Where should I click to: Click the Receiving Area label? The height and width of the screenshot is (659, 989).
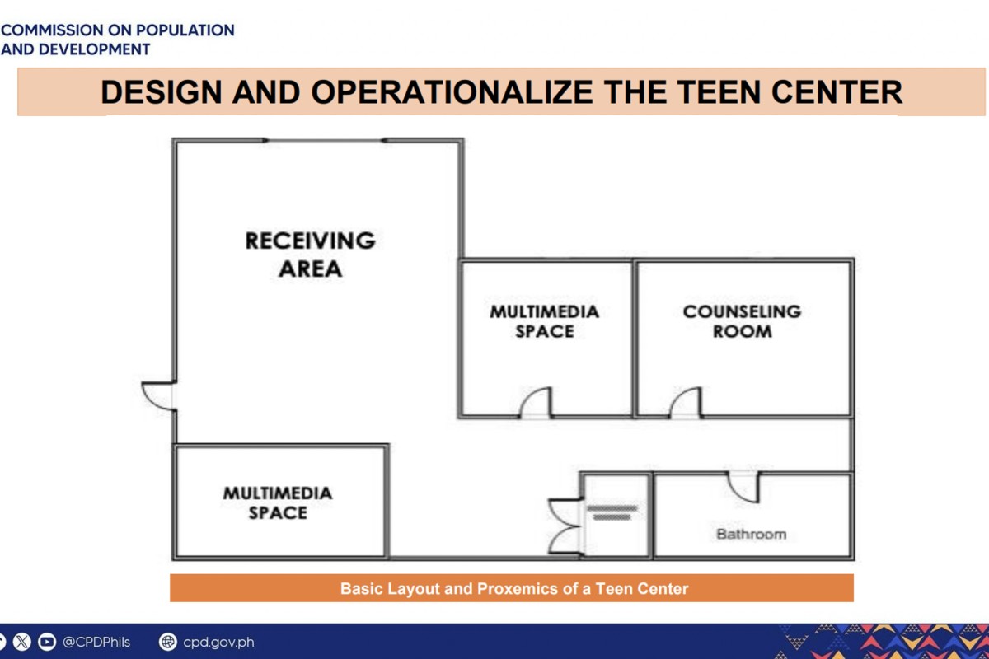point(311,255)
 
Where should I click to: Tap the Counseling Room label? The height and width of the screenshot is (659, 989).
point(743,321)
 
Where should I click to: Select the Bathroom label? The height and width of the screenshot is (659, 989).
point(752,534)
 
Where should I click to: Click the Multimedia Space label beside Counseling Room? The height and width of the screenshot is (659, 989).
point(545,321)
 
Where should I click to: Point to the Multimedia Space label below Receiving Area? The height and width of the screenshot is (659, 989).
point(278,502)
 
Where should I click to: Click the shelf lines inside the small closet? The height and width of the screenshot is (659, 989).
point(612,513)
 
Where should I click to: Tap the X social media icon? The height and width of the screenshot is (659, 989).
point(21,642)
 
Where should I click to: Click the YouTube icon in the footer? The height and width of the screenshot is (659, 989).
point(47,642)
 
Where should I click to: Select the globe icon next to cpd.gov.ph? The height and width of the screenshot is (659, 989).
point(168,642)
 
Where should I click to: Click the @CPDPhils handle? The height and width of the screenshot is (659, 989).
point(96,642)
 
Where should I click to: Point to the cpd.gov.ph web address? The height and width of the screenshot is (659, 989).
point(218,643)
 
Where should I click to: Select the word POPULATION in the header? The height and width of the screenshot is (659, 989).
point(185,30)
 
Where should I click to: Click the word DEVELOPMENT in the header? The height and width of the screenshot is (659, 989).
point(94,49)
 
